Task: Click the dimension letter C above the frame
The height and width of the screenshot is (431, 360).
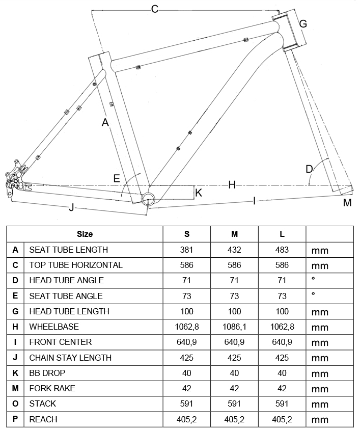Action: (155, 9)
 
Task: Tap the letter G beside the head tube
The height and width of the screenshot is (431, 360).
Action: (303, 23)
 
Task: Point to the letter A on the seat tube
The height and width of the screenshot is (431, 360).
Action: (105, 122)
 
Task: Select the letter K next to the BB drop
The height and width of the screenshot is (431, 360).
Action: (199, 193)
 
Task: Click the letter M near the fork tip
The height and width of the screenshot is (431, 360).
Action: (347, 203)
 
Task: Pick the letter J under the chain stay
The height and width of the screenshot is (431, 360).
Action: (71, 207)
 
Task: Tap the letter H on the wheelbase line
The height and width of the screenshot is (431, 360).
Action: (232, 185)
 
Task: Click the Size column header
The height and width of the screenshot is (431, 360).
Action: (85, 234)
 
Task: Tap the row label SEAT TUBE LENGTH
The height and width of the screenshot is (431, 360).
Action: (69, 250)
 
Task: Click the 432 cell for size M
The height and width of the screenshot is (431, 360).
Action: (234, 250)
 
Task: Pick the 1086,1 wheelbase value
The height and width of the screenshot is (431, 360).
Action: (234, 327)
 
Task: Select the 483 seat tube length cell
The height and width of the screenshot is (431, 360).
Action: (282, 250)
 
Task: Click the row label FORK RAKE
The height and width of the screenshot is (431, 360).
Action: (52, 388)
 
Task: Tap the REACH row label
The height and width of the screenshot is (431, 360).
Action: (43, 419)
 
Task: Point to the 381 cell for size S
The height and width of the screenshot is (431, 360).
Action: (187, 250)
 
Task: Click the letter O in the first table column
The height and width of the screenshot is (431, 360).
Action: (15, 404)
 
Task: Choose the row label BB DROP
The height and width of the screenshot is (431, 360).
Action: (47, 373)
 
